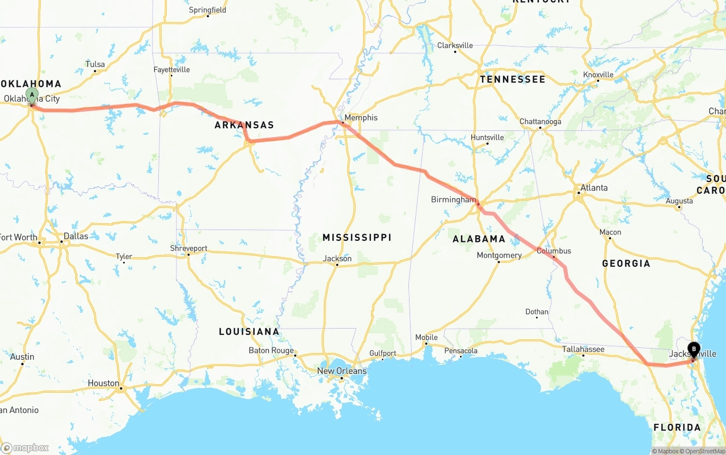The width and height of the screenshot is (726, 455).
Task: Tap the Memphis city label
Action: (361, 118)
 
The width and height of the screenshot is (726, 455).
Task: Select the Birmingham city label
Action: (453, 199)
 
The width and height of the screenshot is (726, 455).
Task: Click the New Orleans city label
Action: (341, 371)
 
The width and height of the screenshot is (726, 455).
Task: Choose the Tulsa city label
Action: (95, 64)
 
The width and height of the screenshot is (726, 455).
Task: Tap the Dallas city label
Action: (76, 236)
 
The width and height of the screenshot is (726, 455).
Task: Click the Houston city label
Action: (103, 383)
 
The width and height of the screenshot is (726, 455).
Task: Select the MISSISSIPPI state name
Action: (357, 237)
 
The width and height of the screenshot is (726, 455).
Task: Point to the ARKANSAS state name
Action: (244, 125)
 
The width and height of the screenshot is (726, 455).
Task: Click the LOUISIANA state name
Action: (249, 331)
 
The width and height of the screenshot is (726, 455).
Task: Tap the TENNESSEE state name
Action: (512, 79)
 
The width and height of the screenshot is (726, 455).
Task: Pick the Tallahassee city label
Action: (583, 349)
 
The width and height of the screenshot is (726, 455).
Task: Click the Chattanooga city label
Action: (540, 122)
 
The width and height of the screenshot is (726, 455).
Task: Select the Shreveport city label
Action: (189, 248)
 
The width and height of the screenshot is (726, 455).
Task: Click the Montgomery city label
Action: (499, 256)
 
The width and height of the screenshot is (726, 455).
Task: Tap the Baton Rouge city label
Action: (271, 350)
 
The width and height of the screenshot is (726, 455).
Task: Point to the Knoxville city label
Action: (598, 75)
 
